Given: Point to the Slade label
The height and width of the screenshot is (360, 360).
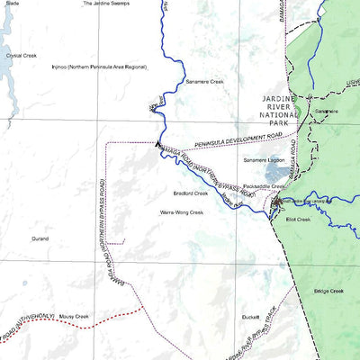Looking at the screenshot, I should (12, 4).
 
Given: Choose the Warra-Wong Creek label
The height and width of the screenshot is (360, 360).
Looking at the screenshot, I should (182, 212).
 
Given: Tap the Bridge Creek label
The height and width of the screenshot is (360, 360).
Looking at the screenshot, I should (328, 291).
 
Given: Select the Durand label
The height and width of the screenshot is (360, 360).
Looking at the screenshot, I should (40, 240).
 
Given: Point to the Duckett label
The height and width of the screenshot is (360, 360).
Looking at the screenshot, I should (250, 317).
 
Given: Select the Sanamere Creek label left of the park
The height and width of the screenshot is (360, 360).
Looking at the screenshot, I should (203, 81).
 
